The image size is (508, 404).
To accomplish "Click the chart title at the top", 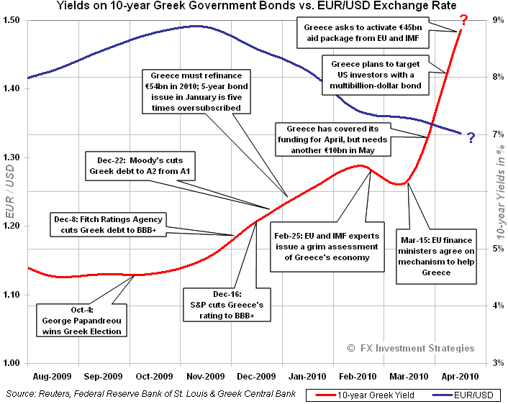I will pos(253,7).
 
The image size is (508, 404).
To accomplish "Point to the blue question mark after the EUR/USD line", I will pos(471,137).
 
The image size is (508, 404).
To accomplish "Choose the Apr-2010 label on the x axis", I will pos(456,375).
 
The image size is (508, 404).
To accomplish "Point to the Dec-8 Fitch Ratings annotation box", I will pos(107,224).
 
